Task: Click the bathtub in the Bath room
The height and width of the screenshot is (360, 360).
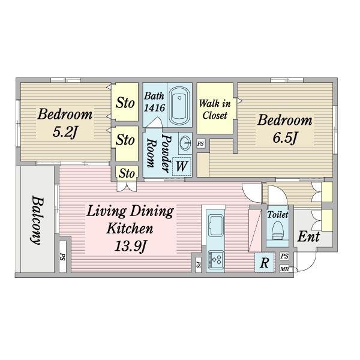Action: click(179, 105)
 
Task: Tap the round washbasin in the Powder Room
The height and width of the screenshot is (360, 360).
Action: click(185, 143)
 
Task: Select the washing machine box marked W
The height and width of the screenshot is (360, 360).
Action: click(182, 166)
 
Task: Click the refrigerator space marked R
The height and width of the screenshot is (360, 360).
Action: click(265, 262)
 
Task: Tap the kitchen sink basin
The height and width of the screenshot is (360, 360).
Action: click(215, 225)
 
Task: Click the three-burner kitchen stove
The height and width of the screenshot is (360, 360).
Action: click(215, 259)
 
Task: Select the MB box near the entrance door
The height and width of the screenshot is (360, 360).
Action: click(284, 269)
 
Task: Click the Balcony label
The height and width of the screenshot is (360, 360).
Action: click(37, 220)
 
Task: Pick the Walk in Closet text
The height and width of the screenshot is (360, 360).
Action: click(215, 110)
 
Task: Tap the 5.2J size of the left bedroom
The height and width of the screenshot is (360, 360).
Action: click(65, 132)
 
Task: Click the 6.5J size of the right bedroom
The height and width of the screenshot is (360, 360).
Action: click(285, 138)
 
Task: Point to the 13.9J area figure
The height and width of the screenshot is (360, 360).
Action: click(130, 247)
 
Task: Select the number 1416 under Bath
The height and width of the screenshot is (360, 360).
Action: click(155, 107)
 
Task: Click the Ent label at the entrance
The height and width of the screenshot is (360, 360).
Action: click(308, 236)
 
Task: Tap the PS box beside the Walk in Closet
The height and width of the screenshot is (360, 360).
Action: click(200, 144)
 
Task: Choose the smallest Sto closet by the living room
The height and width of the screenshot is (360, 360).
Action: click(127, 173)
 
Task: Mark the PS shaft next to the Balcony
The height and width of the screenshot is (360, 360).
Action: click(62, 256)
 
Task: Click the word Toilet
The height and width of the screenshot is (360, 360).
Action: click(278, 215)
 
